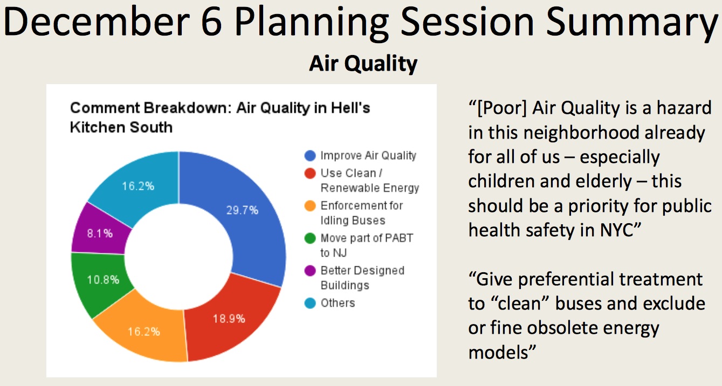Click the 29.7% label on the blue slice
pyautogui.click(x=242, y=210)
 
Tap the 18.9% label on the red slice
pyautogui.click(x=229, y=319)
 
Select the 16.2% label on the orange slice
pyautogui.click(x=144, y=332)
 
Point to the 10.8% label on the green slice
pyautogui.click(x=103, y=280)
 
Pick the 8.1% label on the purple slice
pyautogui.click(x=100, y=233)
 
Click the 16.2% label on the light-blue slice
pyautogui.click(x=138, y=186)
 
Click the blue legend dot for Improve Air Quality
pyautogui.click(x=310, y=156)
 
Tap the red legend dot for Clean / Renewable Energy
pyautogui.click(x=310, y=174)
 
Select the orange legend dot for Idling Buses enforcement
pyautogui.click(x=310, y=206)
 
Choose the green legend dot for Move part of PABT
pyautogui.click(x=310, y=238)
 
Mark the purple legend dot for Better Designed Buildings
pyautogui.click(x=310, y=271)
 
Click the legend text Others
pyautogui.click(x=338, y=303)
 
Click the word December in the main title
pyautogui.click(x=97, y=22)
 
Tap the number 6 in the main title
pyautogui.click(x=211, y=22)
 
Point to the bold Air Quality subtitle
pyautogui.click(x=363, y=64)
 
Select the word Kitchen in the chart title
pyautogui.click(x=98, y=127)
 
